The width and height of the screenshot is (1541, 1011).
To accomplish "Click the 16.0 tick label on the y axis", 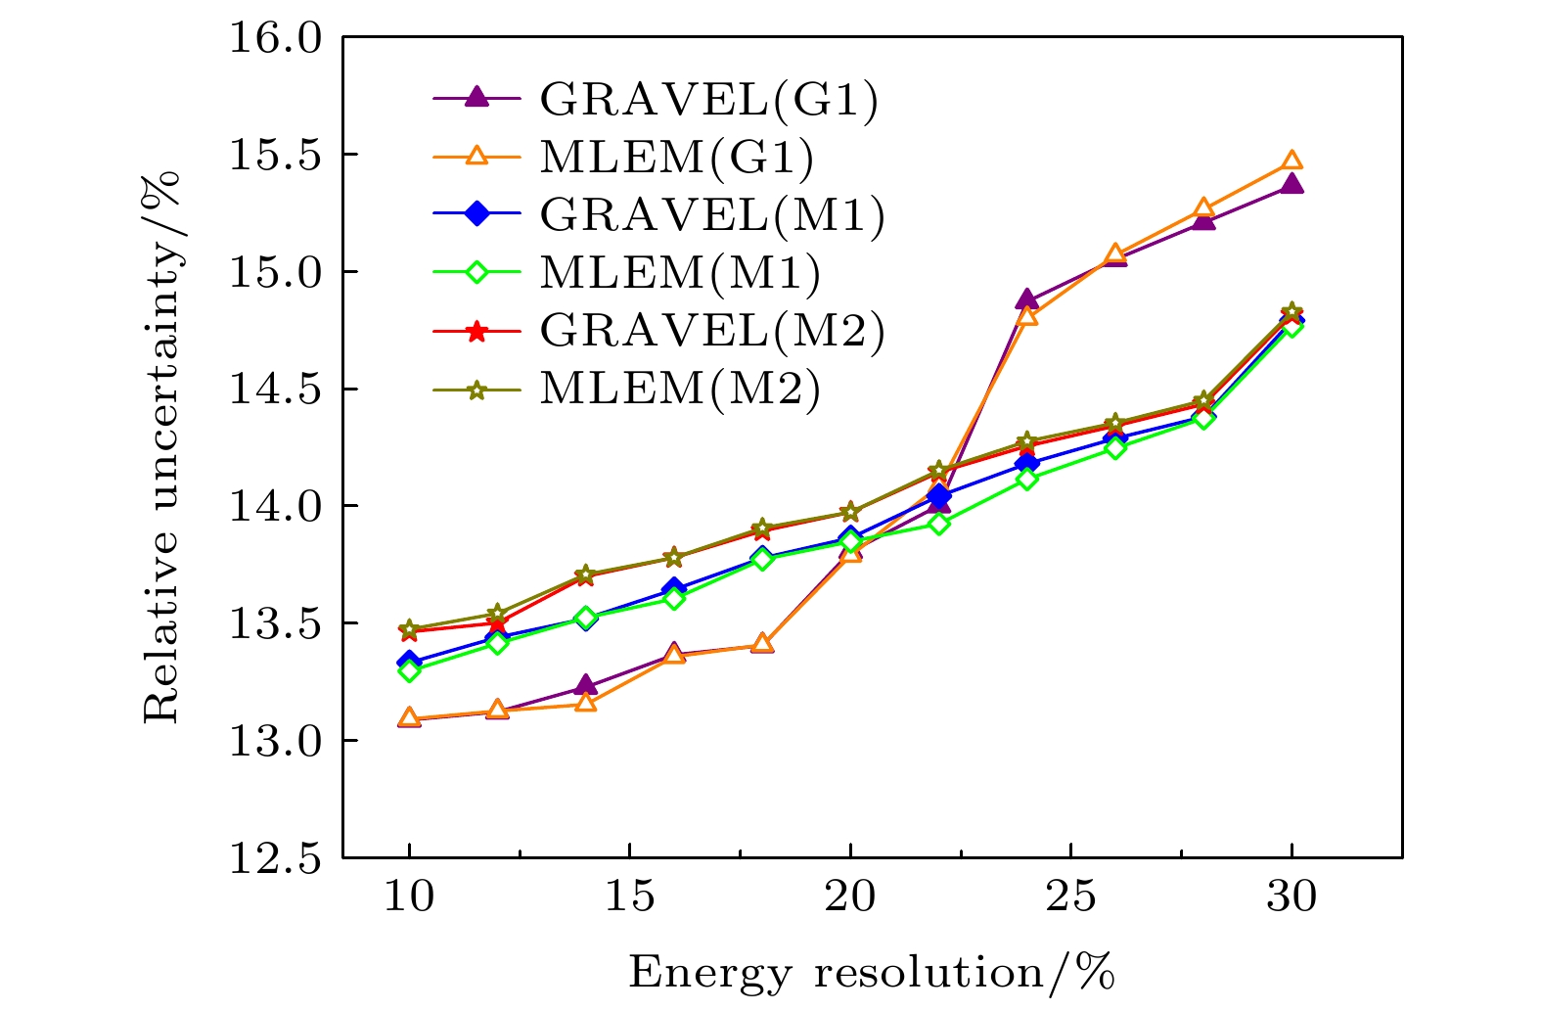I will coord(274,38).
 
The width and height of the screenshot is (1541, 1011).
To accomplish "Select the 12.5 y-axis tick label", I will coord(274,858).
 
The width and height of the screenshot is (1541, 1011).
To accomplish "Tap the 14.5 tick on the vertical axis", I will coord(274,390).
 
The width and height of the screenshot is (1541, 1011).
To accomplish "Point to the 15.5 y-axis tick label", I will coord(274,155).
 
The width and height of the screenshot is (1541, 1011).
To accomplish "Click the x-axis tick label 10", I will coord(408,896).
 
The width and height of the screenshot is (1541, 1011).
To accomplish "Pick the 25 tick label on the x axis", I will coord(1070,896).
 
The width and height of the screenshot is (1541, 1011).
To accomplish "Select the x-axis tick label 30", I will coord(1292,896).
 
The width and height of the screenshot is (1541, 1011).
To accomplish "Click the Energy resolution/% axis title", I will coord(871,973).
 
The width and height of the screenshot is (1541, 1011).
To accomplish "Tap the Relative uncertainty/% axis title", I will coord(162,446).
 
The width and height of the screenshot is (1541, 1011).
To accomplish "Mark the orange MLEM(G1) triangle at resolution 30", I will coord(1292,161).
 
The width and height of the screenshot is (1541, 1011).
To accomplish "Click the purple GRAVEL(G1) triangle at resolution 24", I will coord(1026,299).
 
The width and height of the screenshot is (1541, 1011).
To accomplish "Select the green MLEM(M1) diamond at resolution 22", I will coord(938,524).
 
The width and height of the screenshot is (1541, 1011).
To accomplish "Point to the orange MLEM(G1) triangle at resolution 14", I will coord(585,703).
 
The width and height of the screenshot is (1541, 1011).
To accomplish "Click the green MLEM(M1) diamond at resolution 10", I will coord(409,670).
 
